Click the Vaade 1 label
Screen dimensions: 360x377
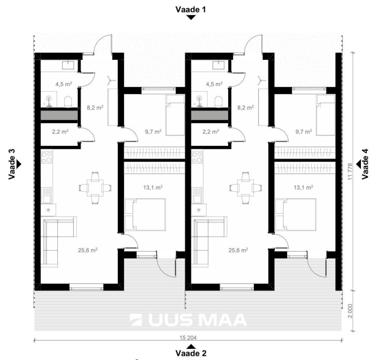192,9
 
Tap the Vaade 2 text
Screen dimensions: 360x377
192,353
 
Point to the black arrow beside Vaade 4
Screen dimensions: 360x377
359,162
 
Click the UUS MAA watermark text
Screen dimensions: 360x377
188,319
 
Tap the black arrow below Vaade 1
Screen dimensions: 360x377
192,18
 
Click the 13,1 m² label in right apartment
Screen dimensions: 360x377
304,187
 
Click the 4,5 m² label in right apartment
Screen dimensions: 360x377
215,84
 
